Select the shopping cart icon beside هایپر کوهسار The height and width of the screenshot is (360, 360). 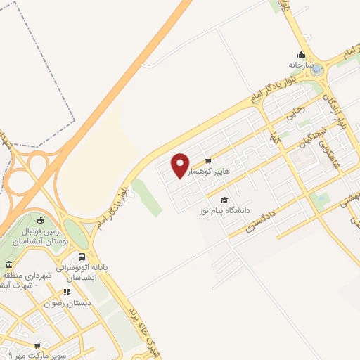[x=207, y=160]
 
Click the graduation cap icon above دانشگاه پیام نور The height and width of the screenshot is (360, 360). [x=224, y=200]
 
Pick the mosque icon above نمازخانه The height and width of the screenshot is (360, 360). [x=301, y=54]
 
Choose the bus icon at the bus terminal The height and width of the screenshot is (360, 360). [x=82, y=257]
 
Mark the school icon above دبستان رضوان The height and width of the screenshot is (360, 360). [x=67, y=292]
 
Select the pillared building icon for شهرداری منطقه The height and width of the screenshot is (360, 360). [x=8, y=265]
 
